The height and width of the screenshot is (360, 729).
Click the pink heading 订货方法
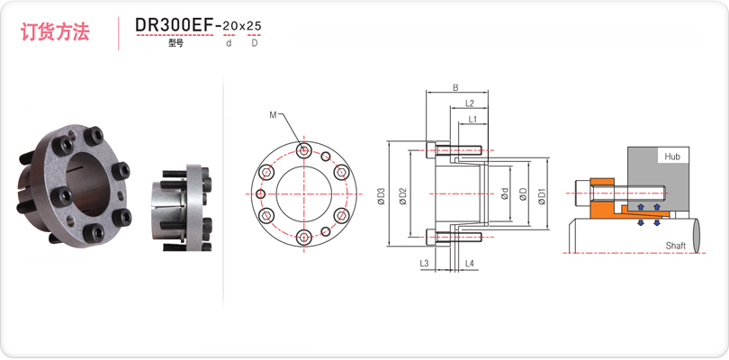point(55,32)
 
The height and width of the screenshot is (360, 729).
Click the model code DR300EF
point(174,25)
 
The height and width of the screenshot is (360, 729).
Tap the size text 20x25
point(242,26)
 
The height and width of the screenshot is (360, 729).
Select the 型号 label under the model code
point(176,44)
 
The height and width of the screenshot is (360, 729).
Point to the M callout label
point(273,115)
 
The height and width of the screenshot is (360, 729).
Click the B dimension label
point(455,87)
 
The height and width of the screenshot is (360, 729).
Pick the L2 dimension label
point(469,103)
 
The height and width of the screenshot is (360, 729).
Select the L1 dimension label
point(472,119)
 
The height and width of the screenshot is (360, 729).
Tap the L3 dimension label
point(424,264)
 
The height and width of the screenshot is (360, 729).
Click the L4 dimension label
point(470,264)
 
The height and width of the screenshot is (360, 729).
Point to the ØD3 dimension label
point(381,197)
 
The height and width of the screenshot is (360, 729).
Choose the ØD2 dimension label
point(403,197)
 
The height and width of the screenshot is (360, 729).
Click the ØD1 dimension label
point(541,195)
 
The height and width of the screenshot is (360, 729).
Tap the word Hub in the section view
point(671,157)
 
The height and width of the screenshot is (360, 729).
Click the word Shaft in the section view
point(675,246)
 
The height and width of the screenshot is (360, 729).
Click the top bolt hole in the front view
point(303,150)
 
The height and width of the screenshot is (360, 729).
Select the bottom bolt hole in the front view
point(303,238)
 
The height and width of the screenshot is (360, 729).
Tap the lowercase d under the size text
point(229,44)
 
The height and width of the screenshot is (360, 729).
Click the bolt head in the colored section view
point(583,193)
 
